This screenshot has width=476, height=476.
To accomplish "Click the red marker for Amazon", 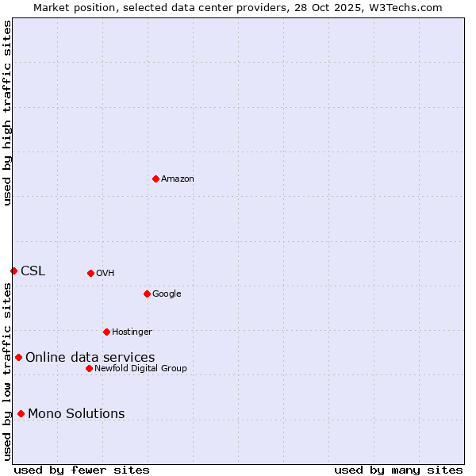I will (155, 178).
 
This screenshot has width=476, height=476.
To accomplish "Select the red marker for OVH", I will (90, 273).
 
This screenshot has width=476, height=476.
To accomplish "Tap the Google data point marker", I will (147, 294).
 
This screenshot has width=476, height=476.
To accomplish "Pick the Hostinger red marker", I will (106, 332).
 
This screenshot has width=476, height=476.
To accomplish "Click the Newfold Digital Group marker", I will (89, 368).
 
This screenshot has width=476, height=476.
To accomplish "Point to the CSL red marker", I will (13, 271).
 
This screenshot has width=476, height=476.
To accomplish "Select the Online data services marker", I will (18, 357).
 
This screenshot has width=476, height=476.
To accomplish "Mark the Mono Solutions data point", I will (21, 413).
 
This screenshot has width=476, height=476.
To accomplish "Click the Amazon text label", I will (178, 179).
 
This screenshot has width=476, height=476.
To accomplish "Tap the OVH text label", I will (106, 274).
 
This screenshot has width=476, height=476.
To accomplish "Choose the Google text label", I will (167, 294).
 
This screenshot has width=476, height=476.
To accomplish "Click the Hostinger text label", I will (132, 332).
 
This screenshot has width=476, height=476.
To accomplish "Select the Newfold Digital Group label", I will (141, 369).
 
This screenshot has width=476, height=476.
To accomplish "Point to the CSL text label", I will (33, 271).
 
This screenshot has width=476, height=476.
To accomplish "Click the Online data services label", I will (90, 358).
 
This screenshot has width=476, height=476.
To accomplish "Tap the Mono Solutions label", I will (76, 414).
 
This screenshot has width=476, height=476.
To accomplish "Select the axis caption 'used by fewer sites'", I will (82, 470).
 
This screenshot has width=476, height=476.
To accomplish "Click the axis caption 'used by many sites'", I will (398, 470).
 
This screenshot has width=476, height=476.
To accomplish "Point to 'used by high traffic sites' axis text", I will (8, 113).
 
